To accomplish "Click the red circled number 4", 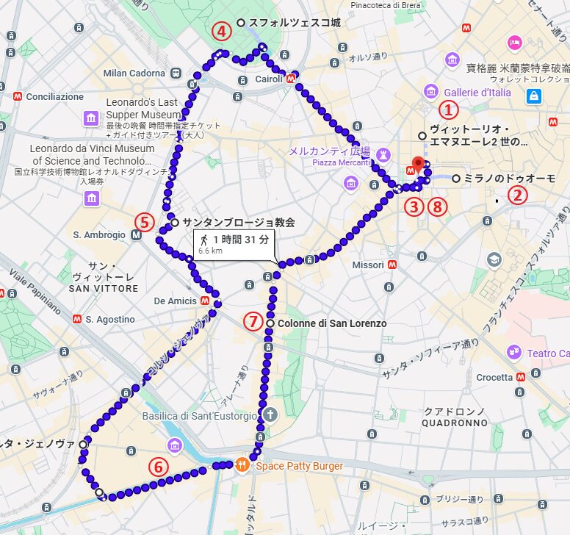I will pos(222,32).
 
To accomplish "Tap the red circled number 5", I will pos(144,222).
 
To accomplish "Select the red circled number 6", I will pos(159,466).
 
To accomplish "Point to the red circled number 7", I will pos(253,321).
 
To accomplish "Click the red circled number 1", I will pos(448,110).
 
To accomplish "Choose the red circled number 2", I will pos(519,195).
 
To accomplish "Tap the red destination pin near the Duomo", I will pos(419,164).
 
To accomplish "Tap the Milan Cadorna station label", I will pos(134,73).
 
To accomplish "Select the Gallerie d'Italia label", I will pos(477,93).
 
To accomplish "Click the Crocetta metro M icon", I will pos(521,377).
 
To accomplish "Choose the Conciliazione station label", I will pos(54,96).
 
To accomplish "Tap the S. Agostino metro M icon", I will pos(76,320).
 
